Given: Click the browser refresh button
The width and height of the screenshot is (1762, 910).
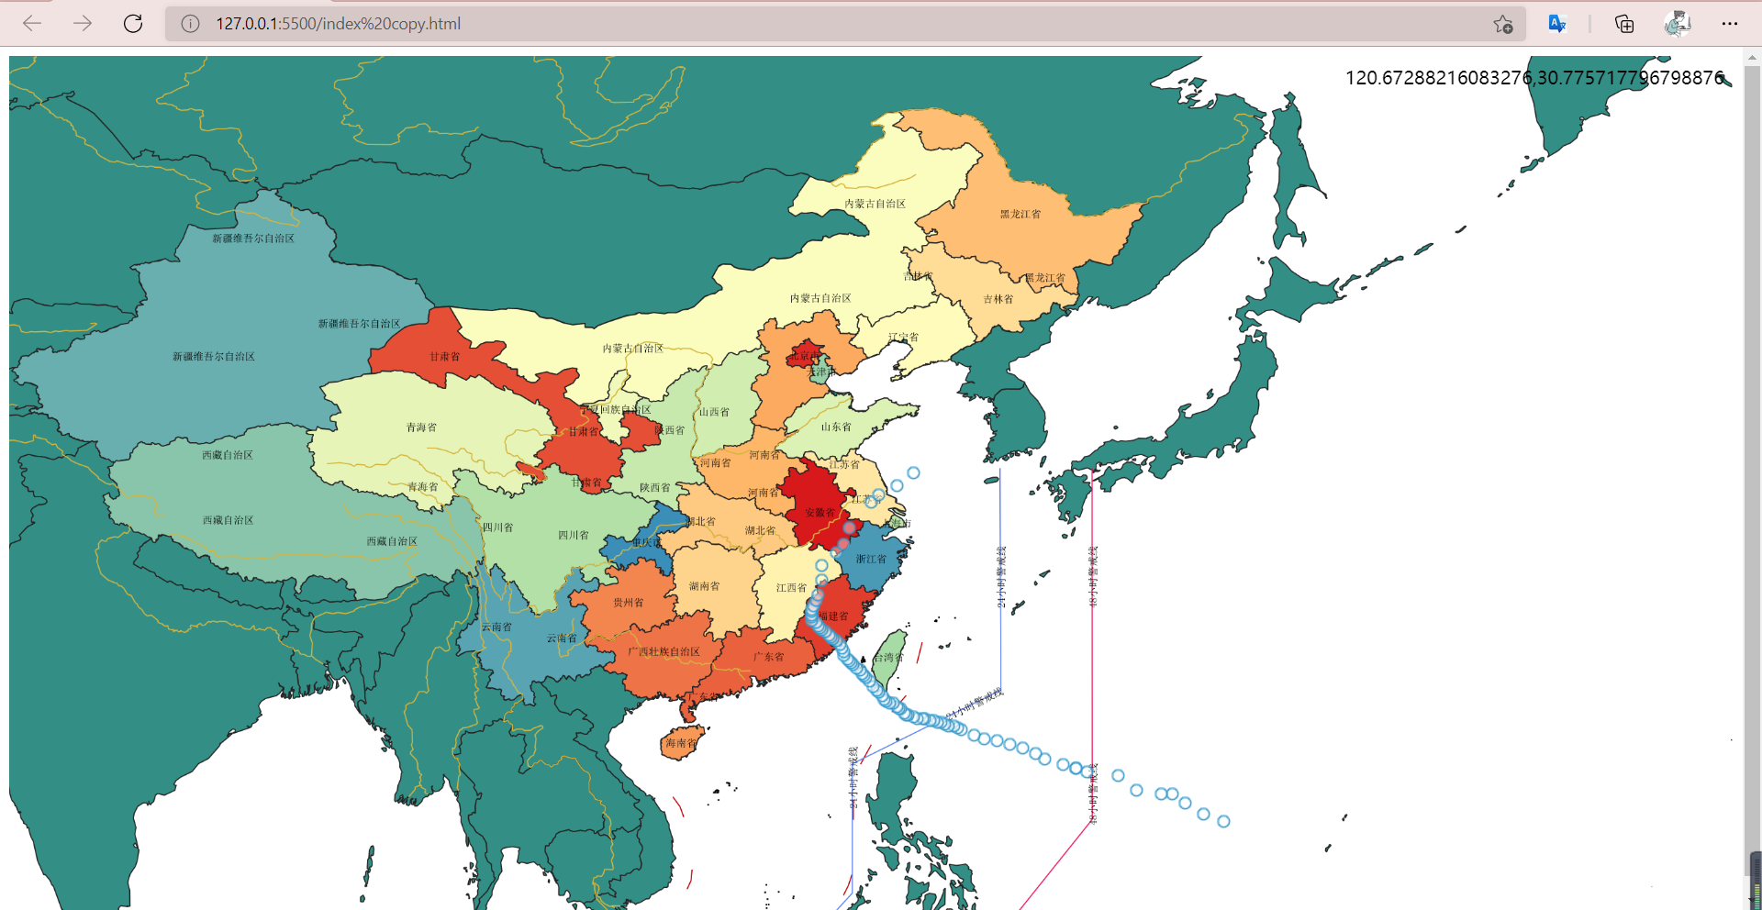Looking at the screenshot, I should pyautogui.click(x=133, y=24).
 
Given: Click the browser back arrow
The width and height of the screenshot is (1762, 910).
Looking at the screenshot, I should pyautogui.click(x=32, y=24).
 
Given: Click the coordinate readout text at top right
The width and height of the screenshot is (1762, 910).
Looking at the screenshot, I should pyautogui.click(x=1534, y=78).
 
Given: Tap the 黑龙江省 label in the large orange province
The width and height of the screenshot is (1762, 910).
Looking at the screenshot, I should pyautogui.click(x=1020, y=214).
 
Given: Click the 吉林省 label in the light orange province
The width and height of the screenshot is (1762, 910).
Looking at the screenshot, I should pyautogui.click(x=998, y=299).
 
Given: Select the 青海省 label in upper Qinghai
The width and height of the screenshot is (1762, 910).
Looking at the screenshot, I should pyautogui.click(x=421, y=427).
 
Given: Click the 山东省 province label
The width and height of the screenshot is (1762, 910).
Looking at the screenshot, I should pyautogui.click(x=836, y=427).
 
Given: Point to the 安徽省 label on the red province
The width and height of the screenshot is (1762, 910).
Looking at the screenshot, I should pyautogui.click(x=820, y=513).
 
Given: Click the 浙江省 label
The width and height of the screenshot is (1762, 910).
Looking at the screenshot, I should pyautogui.click(x=871, y=559).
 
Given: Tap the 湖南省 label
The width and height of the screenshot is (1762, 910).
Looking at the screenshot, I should pyautogui.click(x=704, y=586).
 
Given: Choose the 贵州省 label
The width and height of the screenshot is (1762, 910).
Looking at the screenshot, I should pyautogui.click(x=628, y=603).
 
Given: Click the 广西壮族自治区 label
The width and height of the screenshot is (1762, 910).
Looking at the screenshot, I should pyautogui.click(x=664, y=651).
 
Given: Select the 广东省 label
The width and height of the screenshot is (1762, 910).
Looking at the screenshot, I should pyautogui.click(x=768, y=657).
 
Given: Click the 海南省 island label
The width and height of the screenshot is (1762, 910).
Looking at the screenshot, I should pyautogui.click(x=681, y=743).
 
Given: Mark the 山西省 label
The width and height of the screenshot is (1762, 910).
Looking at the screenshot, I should pyautogui.click(x=714, y=412).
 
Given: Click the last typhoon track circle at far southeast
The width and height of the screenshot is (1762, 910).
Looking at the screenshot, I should pyautogui.click(x=1223, y=822).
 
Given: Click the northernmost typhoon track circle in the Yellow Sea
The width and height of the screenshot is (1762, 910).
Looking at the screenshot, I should pyautogui.click(x=913, y=473).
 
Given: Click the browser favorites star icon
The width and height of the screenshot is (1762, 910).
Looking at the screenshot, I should pyautogui.click(x=1502, y=24).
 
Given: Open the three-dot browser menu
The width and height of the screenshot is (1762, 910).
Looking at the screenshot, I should pyautogui.click(x=1730, y=24).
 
